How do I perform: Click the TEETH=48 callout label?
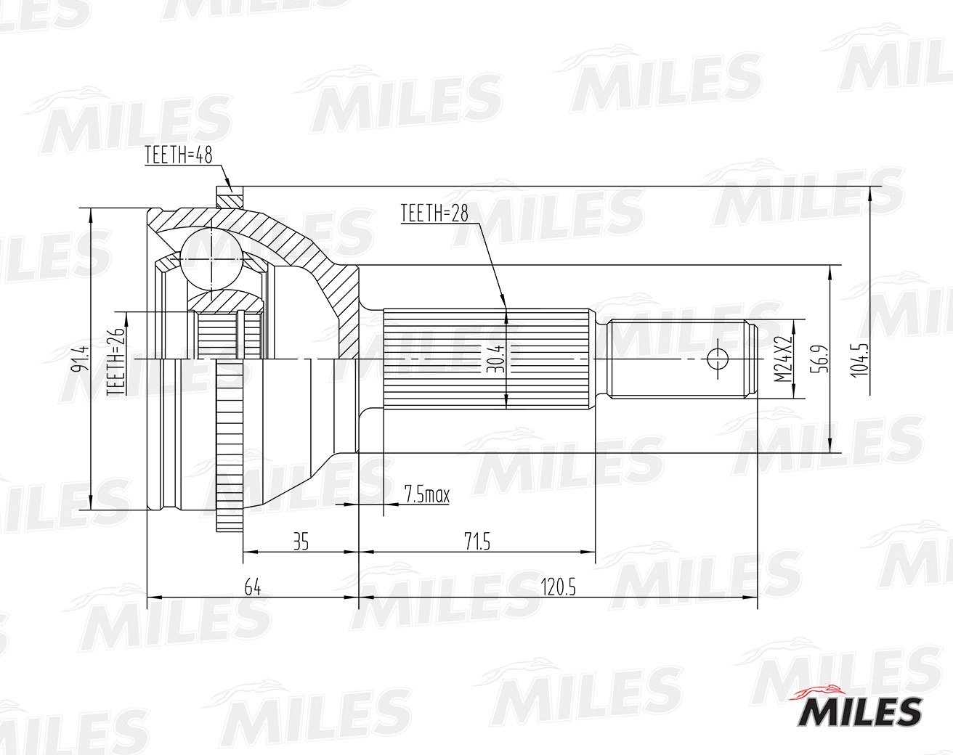click(179, 155)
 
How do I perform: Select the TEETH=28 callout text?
click(435, 213)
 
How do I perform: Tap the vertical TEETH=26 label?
click(116, 362)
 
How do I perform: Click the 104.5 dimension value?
click(859, 360)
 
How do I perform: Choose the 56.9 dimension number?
click(819, 360)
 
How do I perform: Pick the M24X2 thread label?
click(783, 359)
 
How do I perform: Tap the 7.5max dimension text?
click(427, 494)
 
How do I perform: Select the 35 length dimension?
click(301, 542)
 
